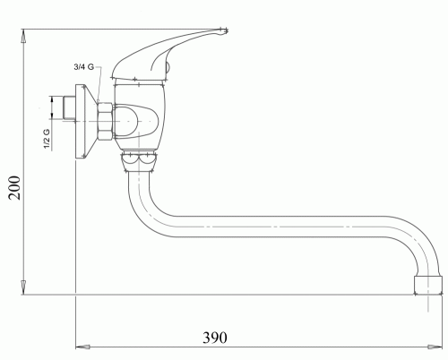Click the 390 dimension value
point(215,338)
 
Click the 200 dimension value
point(14,188)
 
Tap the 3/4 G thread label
point(84,66)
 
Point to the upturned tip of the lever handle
point(223,31)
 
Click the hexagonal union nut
point(105,121)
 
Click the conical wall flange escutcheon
point(86,121)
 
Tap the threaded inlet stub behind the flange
point(69,108)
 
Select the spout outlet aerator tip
point(428,285)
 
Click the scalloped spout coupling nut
point(139,161)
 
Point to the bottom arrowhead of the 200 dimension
point(24,287)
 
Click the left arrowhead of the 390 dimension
point(82,347)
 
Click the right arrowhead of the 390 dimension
point(435,347)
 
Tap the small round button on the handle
point(168,66)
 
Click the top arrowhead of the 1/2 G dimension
point(53,101)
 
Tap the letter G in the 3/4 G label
point(90,66)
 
